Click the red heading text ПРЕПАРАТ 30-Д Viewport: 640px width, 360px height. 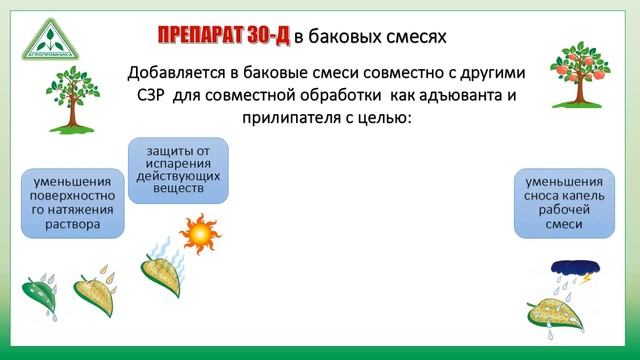coord(223,37)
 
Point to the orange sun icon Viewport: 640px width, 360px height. coord(200,234)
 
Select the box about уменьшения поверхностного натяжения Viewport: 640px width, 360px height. coord(73,203)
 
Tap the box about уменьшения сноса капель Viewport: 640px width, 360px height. coord(564,203)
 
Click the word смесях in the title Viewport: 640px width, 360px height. coord(411,37)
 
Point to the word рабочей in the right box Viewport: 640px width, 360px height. coord(564,211)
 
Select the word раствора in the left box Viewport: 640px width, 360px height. coord(73,225)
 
